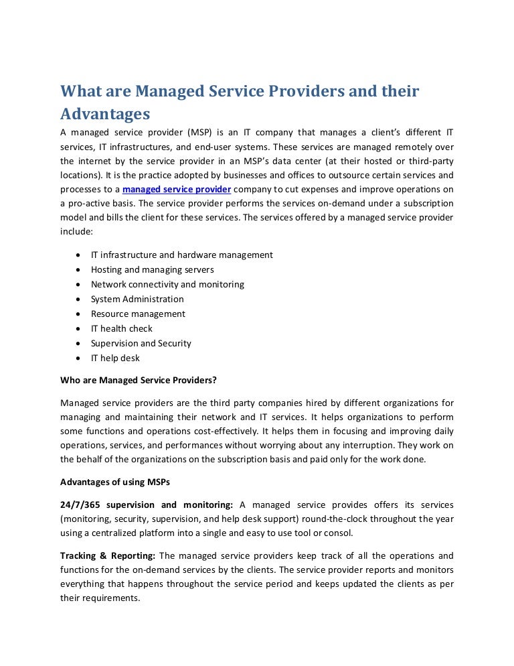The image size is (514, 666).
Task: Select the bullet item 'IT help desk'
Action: coord(115,358)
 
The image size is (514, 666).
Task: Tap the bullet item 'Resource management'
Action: coord(138,314)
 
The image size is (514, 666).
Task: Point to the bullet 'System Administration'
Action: coord(137,299)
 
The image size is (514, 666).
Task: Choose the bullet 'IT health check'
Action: coord(121,328)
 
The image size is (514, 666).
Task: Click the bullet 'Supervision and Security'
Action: coord(141,343)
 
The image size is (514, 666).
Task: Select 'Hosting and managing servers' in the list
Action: coord(152,269)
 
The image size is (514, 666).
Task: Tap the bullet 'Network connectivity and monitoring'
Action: coord(167,284)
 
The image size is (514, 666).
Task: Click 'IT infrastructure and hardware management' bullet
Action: coord(181,255)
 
